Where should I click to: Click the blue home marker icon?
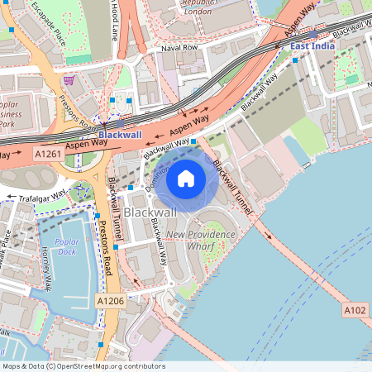[186, 178]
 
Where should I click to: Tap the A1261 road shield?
[48, 153]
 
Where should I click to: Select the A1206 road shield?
[109, 301]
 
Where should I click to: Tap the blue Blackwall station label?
[120, 134]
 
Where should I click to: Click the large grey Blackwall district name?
[150, 212]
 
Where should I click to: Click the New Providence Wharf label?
[201, 240]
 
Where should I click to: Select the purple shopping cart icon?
[69, 80]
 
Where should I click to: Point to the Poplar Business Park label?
[14, 116]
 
